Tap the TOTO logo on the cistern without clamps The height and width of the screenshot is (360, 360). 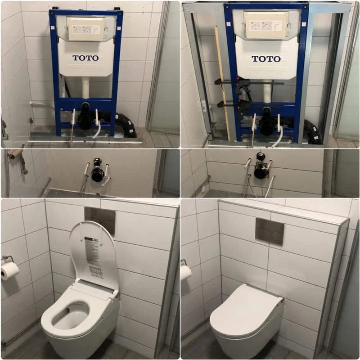coord(85,58)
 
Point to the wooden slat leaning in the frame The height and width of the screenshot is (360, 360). coord(222,81)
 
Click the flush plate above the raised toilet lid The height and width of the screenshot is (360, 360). coord(100,220)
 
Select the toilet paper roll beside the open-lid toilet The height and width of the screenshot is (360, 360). coord(9,270)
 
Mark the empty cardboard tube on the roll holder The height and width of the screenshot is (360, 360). coord(16,153)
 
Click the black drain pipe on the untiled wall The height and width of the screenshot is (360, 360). coord(98,174)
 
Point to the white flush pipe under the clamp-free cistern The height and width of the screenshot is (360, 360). coord(85,88)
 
